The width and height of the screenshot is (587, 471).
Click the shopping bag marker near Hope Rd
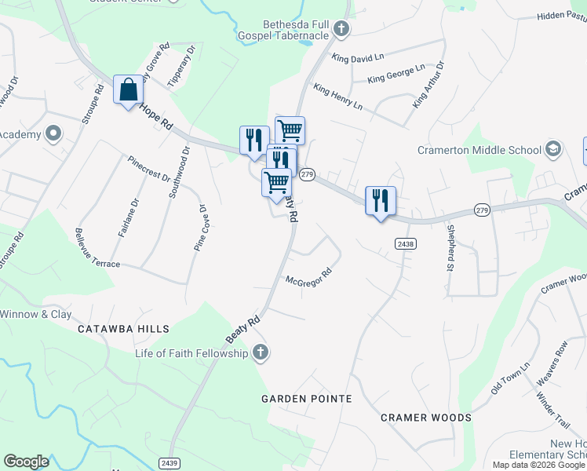(128, 89)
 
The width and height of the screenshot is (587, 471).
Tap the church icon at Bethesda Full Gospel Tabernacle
(341, 30)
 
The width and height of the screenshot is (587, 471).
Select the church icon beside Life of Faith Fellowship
(261, 353)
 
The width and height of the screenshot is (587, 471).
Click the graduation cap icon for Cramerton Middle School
(553, 149)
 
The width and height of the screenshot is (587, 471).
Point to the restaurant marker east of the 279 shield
(381, 201)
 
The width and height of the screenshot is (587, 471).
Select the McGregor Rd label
(309, 279)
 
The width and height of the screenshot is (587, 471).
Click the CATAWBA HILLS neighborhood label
(123, 330)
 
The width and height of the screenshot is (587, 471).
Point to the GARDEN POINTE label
(306, 399)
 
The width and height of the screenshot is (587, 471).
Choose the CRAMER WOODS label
(426, 418)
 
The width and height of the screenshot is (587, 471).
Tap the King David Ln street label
(357, 57)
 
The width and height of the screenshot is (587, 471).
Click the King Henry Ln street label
(337, 97)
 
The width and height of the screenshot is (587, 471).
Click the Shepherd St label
(450, 246)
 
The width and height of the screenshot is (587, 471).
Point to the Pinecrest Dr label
(149, 167)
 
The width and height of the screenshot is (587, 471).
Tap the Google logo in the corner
(26, 462)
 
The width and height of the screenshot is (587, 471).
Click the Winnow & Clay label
(36, 315)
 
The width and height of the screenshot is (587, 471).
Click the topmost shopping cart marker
(290, 130)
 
